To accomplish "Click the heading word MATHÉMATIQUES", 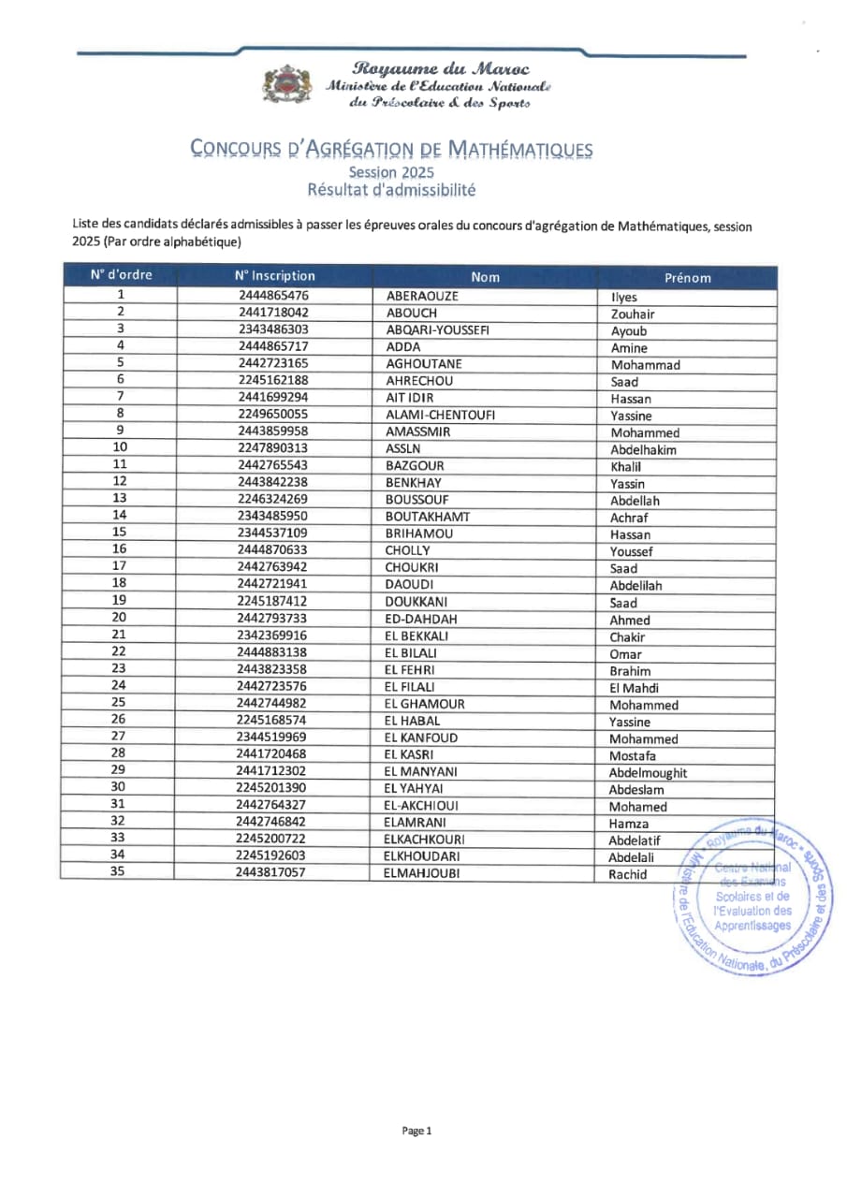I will tap(519, 149).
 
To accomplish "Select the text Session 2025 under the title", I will tap(391, 172).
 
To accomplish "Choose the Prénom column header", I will tap(687, 277).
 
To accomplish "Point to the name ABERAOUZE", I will tap(423, 297).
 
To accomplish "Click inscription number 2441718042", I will tap(273, 313).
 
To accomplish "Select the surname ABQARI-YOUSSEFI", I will tap(437, 330).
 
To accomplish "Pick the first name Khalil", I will tap(626, 466).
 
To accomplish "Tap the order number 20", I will tap(119, 618).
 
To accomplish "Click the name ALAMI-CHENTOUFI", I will tap(440, 416).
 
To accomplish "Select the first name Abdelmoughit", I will tap(648, 773).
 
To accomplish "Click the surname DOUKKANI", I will tap(417, 602).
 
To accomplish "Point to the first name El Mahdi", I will tap(634, 688).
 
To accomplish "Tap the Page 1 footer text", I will tap(416, 1131).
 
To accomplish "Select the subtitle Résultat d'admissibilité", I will tap(391, 190).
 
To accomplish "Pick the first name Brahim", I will tap(630, 671).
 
